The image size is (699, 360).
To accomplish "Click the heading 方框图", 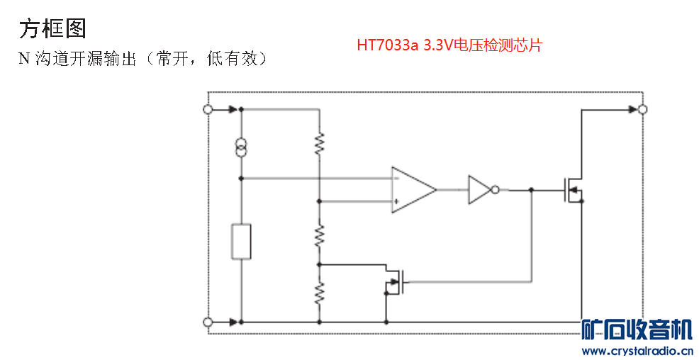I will tap(52, 28).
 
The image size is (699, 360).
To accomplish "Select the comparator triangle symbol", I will tap(413, 190).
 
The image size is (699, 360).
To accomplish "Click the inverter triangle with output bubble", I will tap(481, 190).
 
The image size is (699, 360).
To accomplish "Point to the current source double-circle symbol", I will tap(241, 147).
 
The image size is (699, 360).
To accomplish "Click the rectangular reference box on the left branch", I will tap(241, 242).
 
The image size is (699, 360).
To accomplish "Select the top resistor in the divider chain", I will tap(320, 144).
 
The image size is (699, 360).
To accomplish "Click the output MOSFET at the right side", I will tap(571, 190).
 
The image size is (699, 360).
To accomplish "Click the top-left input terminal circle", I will tap(208, 109).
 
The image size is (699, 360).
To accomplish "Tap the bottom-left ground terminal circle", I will tap(208, 322).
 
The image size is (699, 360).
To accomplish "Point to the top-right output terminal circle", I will tap(642, 109).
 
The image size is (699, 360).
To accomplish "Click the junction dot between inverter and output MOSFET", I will tap(532, 190).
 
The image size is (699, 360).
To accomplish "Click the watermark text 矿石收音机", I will tap(636, 330).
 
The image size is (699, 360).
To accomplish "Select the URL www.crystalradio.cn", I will tap(636, 351).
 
